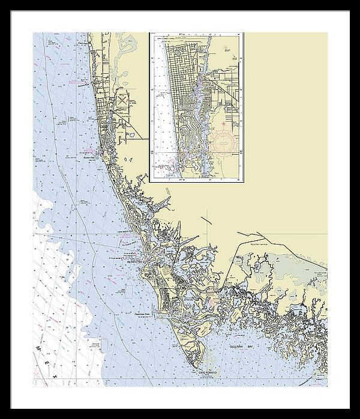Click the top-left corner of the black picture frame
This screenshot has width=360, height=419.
click(2, 2)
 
